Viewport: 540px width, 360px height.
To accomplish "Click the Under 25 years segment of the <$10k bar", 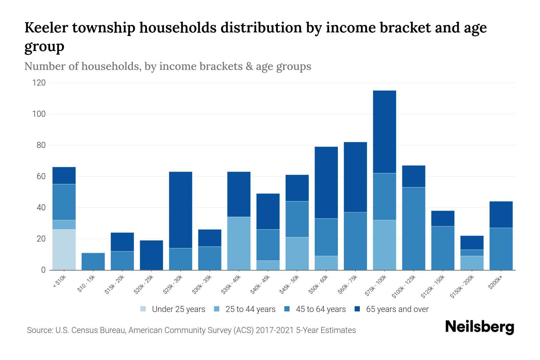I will point(64,250).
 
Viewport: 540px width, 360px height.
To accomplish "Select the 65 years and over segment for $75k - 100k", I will point(384,132).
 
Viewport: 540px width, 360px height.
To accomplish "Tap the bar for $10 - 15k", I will point(93,261).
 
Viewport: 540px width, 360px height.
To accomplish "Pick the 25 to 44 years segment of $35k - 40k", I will point(239,243).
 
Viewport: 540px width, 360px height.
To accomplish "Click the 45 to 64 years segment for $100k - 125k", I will point(413,229).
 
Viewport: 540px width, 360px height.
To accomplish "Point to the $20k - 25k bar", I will point(151,255).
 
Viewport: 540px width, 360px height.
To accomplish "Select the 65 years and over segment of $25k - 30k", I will point(181,210).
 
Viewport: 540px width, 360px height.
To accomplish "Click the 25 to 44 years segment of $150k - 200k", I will point(472,263).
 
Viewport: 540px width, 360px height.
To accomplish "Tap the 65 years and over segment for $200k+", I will point(501,214).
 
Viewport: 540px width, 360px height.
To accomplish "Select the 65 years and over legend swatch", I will point(357,309).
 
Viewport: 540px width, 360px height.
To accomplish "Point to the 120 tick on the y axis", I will point(39,83).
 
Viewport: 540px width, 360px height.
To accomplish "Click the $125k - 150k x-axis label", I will point(434,287).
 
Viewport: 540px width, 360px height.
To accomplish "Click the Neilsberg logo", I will point(479,327).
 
